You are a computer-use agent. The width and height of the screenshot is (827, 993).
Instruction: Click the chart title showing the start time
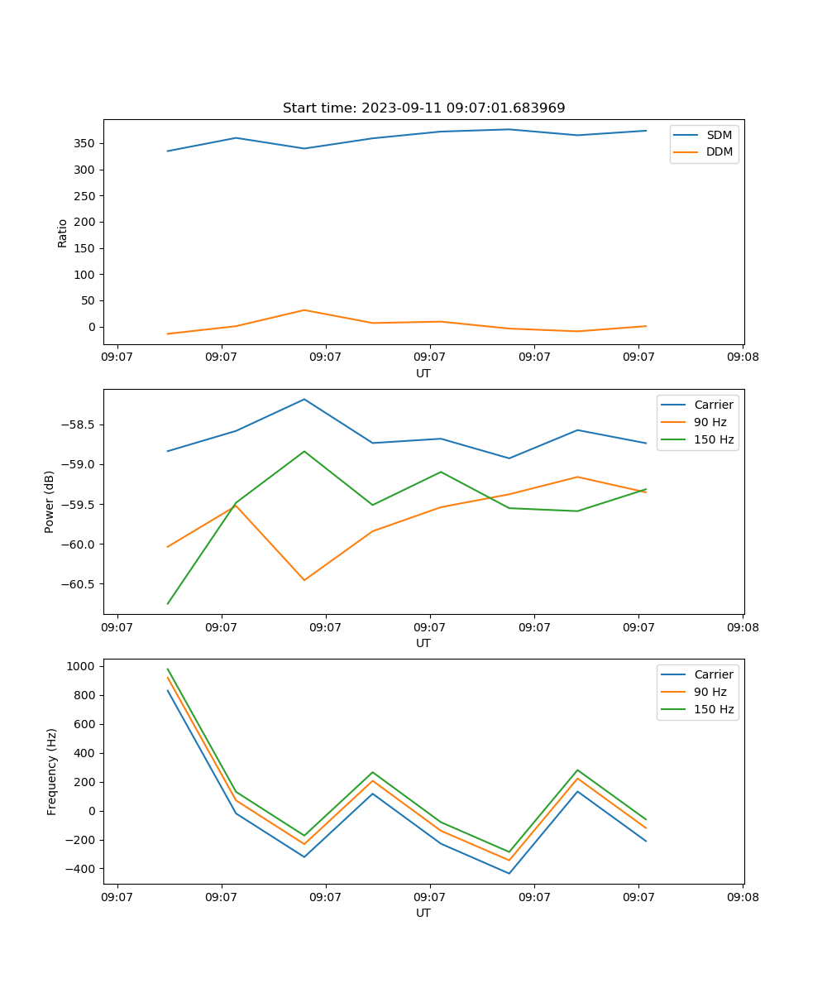coord(423,108)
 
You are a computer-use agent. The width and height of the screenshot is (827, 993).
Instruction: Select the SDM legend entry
coord(719,135)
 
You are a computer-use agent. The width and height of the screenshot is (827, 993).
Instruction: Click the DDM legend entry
coord(719,152)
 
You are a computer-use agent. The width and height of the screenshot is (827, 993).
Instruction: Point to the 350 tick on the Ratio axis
coord(86,143)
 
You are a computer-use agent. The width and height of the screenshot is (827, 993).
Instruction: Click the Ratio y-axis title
coord(63,233)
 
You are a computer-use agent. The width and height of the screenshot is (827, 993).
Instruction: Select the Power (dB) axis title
coord(50,501)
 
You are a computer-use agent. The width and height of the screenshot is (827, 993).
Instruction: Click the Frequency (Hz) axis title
coord(51,771)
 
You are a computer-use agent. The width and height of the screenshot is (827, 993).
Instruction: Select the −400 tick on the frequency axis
coord(81,869)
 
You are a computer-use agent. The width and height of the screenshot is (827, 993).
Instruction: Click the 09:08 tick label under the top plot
coord(743,357)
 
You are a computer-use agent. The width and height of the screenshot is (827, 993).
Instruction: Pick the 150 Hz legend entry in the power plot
coord(714,439)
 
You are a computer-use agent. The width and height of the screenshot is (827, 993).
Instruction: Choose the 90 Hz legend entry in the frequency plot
coord(710,692)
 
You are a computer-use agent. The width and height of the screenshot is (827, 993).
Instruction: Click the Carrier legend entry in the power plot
coord(713,405)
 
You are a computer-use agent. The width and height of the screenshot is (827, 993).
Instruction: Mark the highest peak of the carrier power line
coord(304,399)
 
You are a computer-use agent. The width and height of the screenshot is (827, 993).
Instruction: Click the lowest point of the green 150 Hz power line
coord(168,603)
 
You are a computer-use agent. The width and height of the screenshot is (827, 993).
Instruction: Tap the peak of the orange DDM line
coord(304,310)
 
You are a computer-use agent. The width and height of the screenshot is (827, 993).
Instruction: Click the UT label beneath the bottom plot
coord(423,913)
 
